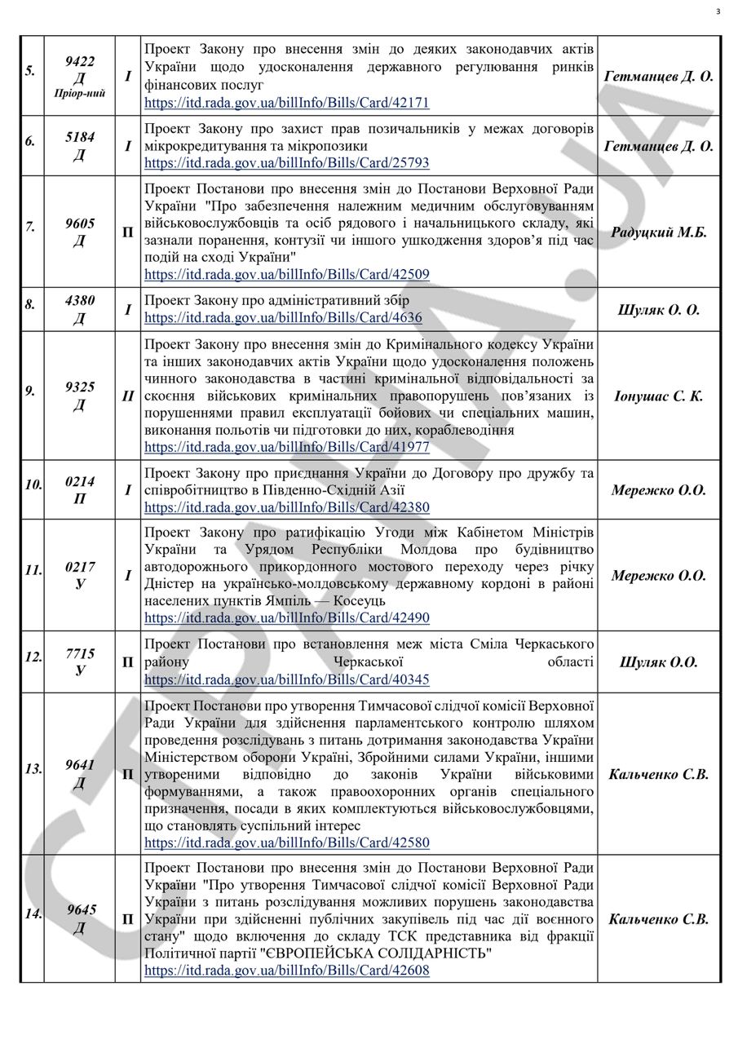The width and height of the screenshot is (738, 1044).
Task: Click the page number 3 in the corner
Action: [x=718, y=11]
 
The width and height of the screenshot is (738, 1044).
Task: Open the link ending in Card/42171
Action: [x=287, y=103]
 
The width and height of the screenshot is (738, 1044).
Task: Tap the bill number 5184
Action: [x=79, y=137]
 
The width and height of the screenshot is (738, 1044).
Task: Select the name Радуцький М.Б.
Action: [x=659, y=232]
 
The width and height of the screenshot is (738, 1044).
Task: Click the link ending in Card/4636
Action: [x=283, y=317]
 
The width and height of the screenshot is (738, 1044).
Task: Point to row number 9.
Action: [x=30, y=391]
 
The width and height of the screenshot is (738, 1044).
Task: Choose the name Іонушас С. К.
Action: [x=659, y=396]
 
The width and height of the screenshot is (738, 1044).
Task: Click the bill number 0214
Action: [x=79, y=482]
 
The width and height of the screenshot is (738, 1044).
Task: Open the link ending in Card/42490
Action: [x=287, y=618]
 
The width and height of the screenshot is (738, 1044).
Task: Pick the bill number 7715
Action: [x=79, y=654]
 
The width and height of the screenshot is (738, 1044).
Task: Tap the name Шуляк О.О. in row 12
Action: [x=659, y=662]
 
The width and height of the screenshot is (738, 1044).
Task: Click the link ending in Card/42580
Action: [x=287, y=843]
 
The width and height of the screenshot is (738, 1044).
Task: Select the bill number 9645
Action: [x=81, y=910]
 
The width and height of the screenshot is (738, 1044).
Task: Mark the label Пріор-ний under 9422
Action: [x=79, y=94]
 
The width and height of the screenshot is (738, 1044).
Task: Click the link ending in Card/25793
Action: [x=287, y=163]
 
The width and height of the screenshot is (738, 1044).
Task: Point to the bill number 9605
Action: [x=79, y=223]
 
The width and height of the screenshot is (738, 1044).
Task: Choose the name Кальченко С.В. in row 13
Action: [x=659, y=774]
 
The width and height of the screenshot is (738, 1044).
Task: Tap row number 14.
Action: [x=33, y=914]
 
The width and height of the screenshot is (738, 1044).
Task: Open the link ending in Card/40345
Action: [x=287, y=679]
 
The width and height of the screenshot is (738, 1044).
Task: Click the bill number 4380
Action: [x=79, y=301]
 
